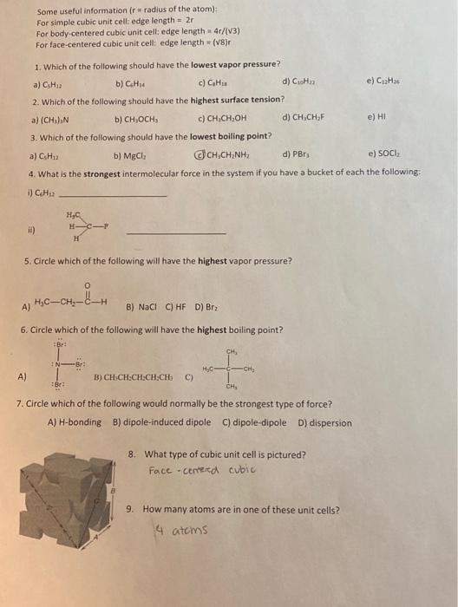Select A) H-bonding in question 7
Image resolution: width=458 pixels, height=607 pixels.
click(78, 422)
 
